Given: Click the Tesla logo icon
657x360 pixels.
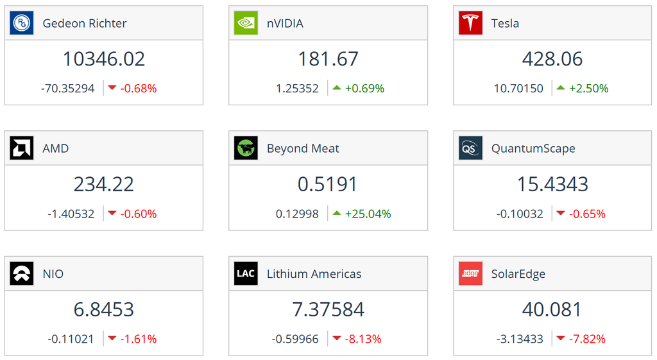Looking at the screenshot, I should click(x=470, y=23).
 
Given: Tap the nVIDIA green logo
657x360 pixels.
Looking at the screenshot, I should click(x=246, y=23).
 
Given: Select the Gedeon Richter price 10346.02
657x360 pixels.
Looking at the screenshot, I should click(x=104, y=59).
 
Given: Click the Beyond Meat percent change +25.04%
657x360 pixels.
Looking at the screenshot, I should click(x=368, y=214).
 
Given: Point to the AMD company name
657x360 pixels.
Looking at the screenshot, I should click(x=56, y=148).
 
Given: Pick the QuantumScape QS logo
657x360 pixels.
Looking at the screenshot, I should click(x=470, y=148).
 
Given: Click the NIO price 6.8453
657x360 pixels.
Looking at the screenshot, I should click(x=104, y=309).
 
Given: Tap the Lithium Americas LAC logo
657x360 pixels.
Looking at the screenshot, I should click(x=246, y=273).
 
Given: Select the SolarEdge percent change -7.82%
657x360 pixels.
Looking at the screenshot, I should click(x=587, y=339).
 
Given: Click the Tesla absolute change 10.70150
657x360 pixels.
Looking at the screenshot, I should click(x=518, y=89).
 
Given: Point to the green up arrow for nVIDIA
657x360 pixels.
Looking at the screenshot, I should click(x=337, y=88).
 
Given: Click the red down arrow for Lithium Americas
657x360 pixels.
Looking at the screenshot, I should click(x=337, y=339).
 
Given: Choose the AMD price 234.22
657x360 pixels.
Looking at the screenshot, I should click(x=104, y=184).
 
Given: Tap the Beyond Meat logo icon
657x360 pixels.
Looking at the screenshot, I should click(x=246, y=148).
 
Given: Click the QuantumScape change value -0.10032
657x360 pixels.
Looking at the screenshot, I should click(x=520, y=214).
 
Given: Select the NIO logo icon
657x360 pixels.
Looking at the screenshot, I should click(x=22, y=273).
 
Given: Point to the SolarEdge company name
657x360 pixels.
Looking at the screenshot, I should click(x=518, y=273).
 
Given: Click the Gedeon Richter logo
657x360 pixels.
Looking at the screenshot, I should click(x=22, y=23).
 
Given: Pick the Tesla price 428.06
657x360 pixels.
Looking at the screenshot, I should click(x=552, y=59).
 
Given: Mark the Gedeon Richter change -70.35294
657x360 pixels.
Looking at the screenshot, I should click(x=68, y=89).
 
